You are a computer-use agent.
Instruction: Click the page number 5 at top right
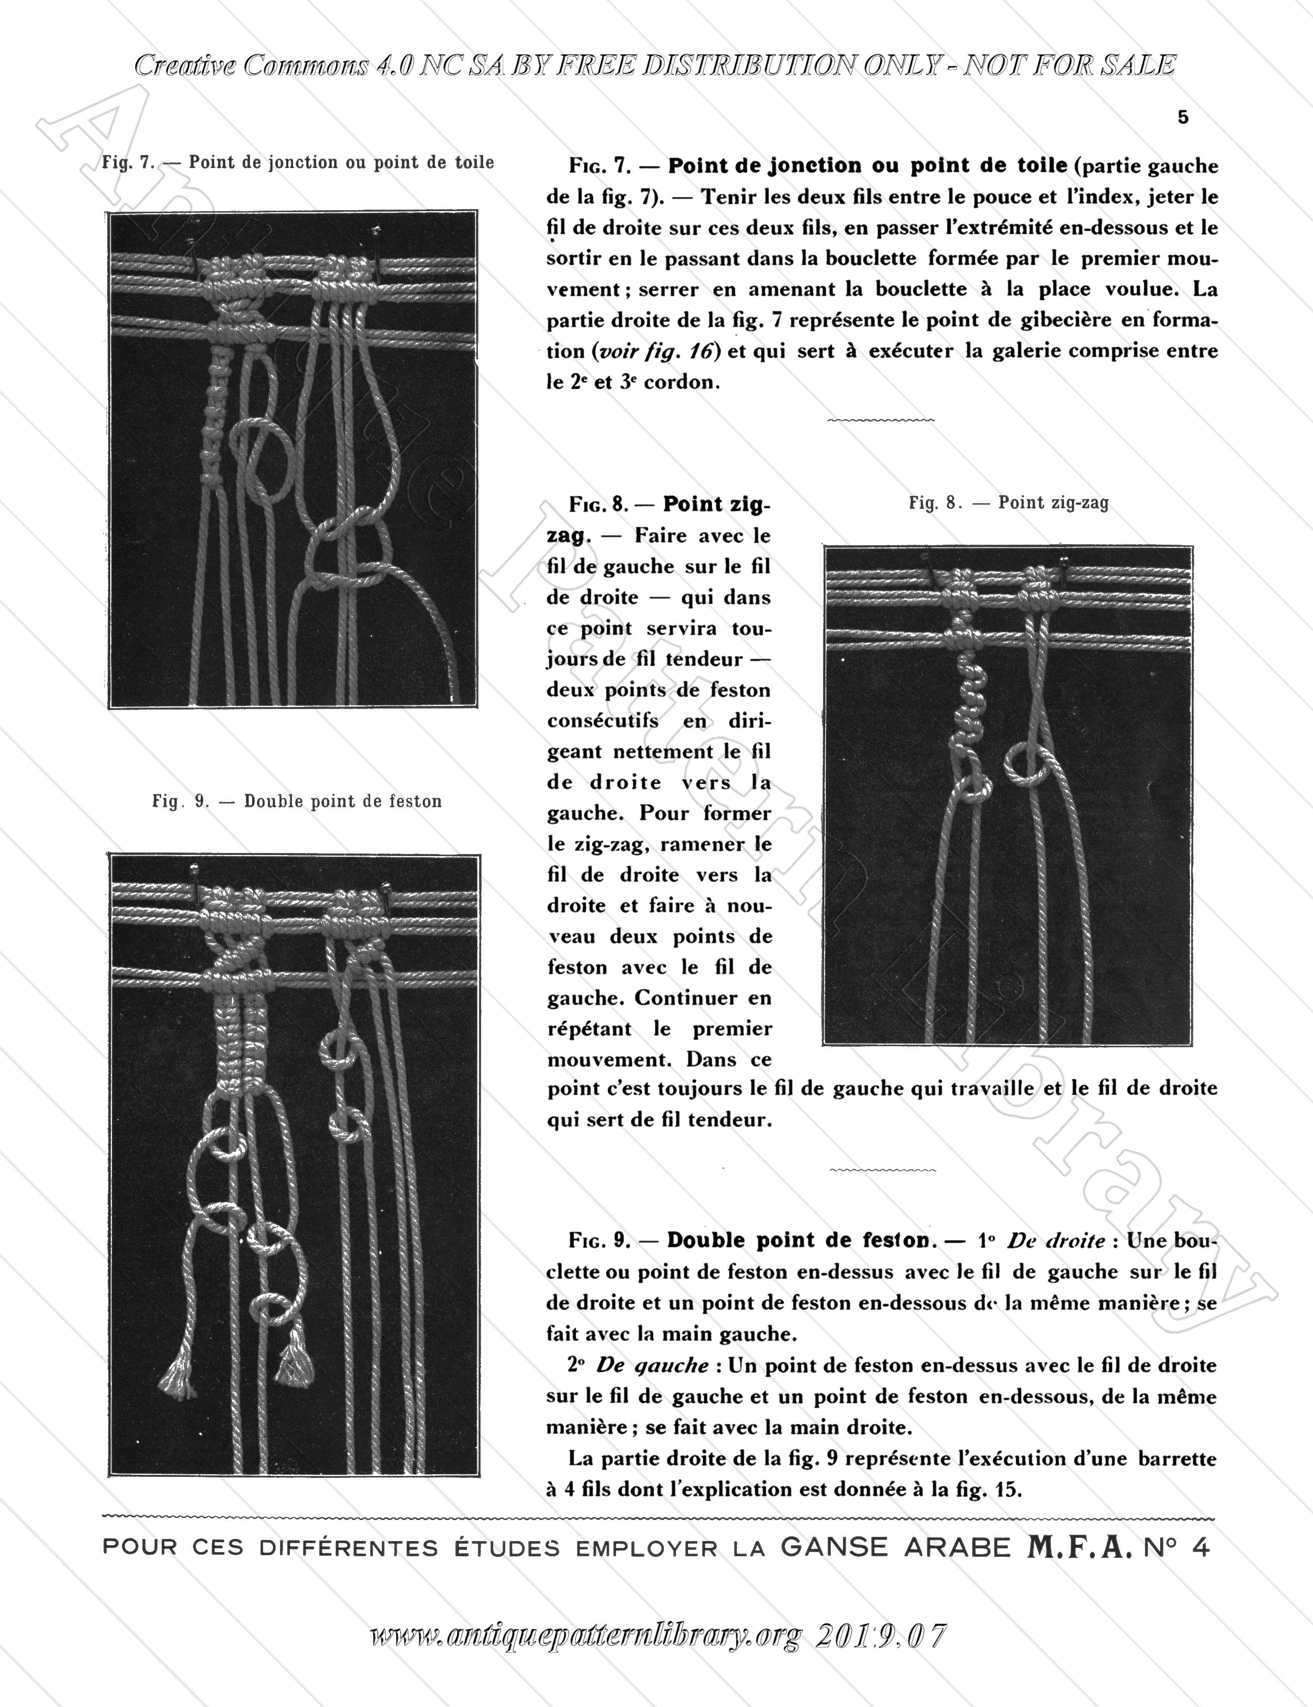1182,118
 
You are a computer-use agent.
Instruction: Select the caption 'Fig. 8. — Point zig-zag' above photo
1008,503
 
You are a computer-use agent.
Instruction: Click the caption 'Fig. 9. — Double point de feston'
297,801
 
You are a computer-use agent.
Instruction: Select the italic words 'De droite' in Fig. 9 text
1056,1241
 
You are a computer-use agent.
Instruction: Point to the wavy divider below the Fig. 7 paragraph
881,421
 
